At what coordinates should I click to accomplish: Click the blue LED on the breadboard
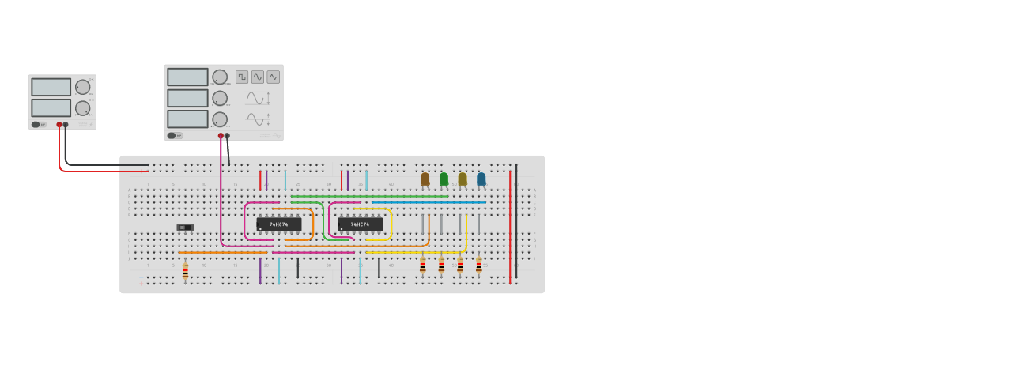[481, 179]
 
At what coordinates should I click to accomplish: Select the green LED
[444, 179]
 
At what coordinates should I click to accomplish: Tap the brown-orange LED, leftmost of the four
[425, 179]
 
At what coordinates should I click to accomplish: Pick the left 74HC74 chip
[278, 224]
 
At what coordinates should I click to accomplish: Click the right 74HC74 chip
[360, 224]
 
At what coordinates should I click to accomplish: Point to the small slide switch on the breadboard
[185, 228]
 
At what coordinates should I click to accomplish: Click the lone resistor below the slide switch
[185, 272]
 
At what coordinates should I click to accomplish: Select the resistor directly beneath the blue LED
[478, 266]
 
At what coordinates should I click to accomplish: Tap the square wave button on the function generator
[242, 77]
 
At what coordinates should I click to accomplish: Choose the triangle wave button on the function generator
[273, 77]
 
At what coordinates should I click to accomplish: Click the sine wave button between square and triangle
[258, 77]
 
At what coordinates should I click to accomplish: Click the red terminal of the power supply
[59, 125]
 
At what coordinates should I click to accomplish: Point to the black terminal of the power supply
[66, 125]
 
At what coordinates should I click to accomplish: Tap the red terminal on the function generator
[221, 136]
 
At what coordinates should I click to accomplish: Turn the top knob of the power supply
[82, 87]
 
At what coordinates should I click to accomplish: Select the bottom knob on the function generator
[220, 119]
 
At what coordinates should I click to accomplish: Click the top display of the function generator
[187, 77]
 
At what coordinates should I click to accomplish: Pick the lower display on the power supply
[51, 107]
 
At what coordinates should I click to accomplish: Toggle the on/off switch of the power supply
[36, 124]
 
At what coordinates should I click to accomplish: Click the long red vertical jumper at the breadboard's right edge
[510, 229]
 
